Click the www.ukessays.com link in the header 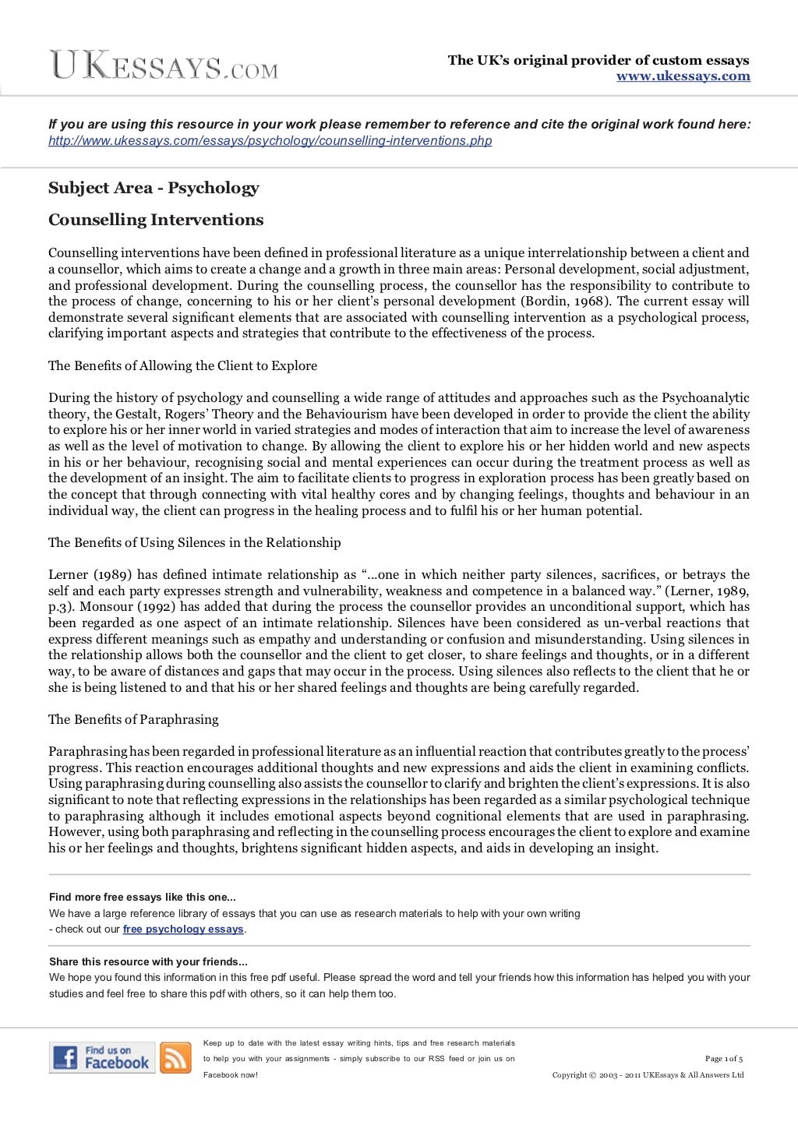(x=683, y=76)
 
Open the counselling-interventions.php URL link (x=270, y=141)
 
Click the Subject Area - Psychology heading (x=154, y=188)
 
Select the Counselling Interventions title (x=156, y=220)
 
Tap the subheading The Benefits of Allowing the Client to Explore (x=182, y=365)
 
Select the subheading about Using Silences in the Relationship (x=194, y=542)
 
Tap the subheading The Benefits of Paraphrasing (x=133, y=719)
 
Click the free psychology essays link (x=183, y=930)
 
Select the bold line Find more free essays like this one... (x=142, y=897)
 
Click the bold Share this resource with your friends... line (x=148, y=961)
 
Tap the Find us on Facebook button (x=102, y=1057)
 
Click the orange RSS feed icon (x=175, y=1057)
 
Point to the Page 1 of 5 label (x=723, y=1059)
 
